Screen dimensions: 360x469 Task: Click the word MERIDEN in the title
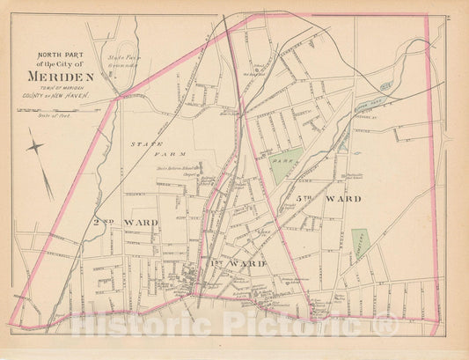click(70, 75)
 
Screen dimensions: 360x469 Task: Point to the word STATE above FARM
click(143, 143)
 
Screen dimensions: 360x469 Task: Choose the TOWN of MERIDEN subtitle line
click(70, 87)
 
